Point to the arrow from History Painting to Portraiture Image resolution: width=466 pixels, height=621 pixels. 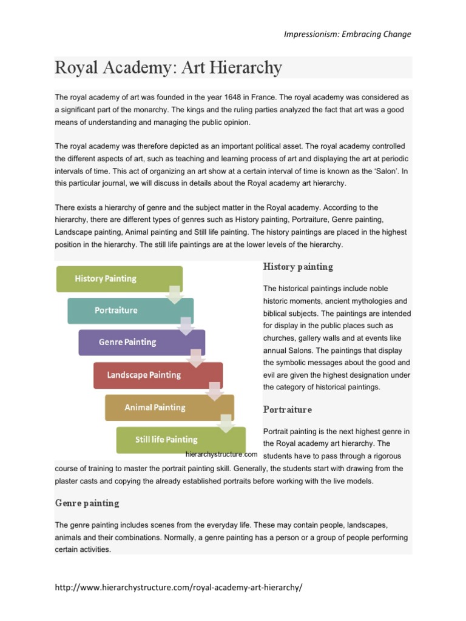click(175, 294)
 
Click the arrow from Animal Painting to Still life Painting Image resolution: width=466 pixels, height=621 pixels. click(226, 423)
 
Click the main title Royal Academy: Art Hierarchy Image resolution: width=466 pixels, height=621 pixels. click(169, 67)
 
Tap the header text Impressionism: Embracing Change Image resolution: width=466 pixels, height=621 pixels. click(348, 34)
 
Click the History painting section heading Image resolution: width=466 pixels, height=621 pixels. click(298, 267)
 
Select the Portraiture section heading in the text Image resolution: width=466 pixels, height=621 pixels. click(288, 409)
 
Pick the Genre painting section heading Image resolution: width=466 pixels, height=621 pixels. click(87, 503)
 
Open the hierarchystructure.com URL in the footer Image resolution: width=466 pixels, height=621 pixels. click(178, 588)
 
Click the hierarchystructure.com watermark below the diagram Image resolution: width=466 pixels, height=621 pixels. click(221, 454)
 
